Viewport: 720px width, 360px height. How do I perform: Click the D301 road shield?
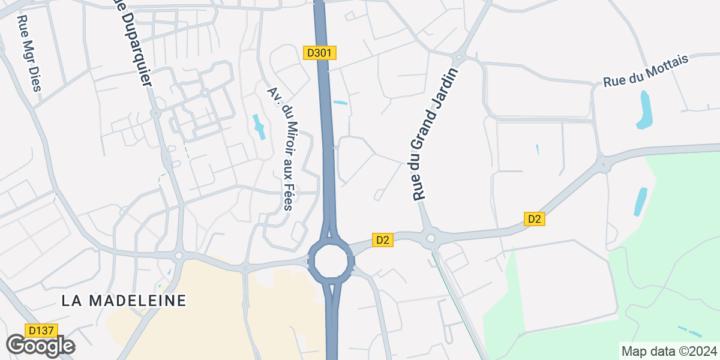click(319, 53)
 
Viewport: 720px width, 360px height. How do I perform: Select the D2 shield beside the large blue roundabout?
click(383, 240)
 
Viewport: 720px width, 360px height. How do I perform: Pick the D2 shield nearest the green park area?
click(534, 219)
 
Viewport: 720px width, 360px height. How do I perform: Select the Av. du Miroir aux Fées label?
click(281, 149)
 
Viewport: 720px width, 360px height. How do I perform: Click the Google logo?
click(40, 346)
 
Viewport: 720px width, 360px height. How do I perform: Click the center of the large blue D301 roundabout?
click(330, 260)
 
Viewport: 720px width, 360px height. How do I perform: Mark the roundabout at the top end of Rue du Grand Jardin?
click(458, 58)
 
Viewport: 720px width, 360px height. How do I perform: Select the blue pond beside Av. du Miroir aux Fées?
click(260, 126)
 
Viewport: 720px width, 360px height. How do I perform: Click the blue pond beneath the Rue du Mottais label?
click(644, 110)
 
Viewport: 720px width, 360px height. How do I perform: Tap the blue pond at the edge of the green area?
click(641, 202)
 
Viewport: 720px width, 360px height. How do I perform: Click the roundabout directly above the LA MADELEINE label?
click(178, 256)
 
